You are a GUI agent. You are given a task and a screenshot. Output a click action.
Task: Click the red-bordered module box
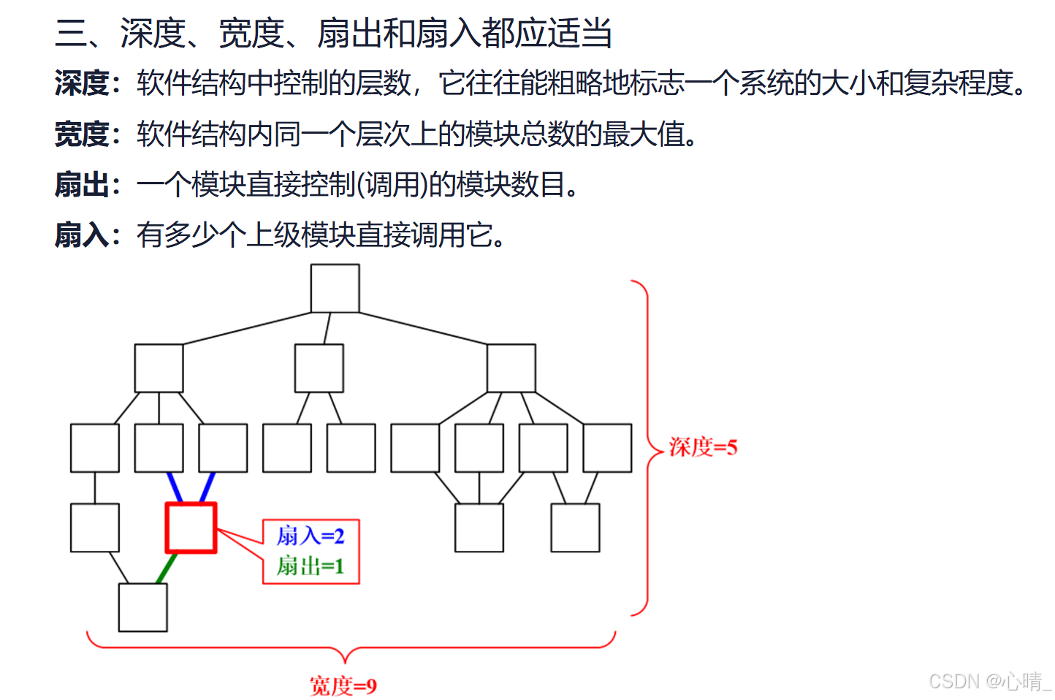coord(191,528)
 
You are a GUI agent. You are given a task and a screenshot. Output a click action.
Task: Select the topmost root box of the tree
coord(335,289)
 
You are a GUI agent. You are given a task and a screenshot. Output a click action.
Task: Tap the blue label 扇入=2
coord(311,536)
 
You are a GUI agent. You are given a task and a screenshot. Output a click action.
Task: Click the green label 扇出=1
coord(311,566)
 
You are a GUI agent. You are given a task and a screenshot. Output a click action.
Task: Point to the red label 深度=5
coord(703,446)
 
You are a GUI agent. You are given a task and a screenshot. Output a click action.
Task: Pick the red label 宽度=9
coord(343,685)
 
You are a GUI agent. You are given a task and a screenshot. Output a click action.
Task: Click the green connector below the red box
coord(167,568)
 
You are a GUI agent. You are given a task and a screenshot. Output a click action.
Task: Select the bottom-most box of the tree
coord(142,607)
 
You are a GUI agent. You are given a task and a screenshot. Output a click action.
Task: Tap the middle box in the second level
coord(319,368)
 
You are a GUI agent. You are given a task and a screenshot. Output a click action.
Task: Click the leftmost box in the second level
coord(159,368)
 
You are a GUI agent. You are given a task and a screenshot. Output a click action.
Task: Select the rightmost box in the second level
coord(511,368)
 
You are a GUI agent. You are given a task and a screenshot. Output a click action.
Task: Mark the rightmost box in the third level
coord(607,448)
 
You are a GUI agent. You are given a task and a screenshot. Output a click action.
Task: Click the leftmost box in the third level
coord(95,448)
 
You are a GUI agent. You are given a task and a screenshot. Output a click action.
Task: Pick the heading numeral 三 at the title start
coord(71,34)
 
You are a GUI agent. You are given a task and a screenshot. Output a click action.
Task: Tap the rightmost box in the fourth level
coord(575,528)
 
